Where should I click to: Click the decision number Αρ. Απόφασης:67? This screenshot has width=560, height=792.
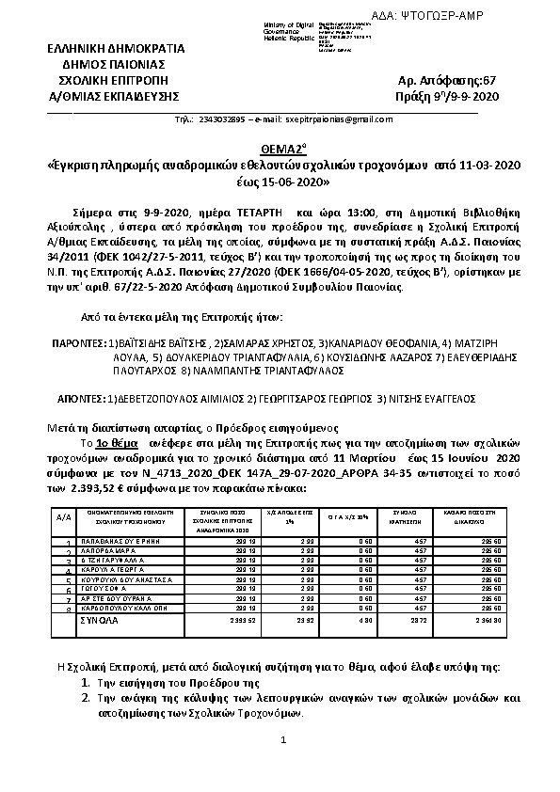coord(449,82)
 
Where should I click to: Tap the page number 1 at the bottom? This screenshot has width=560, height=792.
coord(280,742)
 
